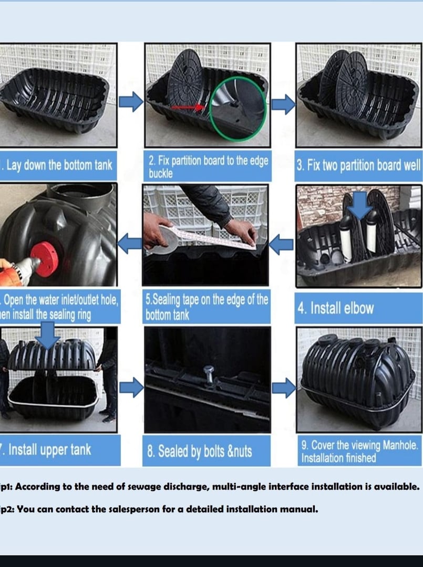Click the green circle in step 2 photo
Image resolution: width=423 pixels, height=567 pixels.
click(x=238, y=108)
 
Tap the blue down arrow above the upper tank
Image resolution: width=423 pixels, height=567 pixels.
click(x=48, y=335)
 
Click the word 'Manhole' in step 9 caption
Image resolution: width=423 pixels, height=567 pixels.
click(x=399, y=446)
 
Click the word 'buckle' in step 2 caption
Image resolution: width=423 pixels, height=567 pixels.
click(x=161, y=173)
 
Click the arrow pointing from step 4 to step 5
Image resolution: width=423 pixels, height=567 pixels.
click(x=284, y=244)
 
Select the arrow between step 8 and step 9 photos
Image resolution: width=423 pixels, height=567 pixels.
click(x=284, y=388)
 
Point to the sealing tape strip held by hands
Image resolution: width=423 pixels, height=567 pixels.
click(x=210, y=237)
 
